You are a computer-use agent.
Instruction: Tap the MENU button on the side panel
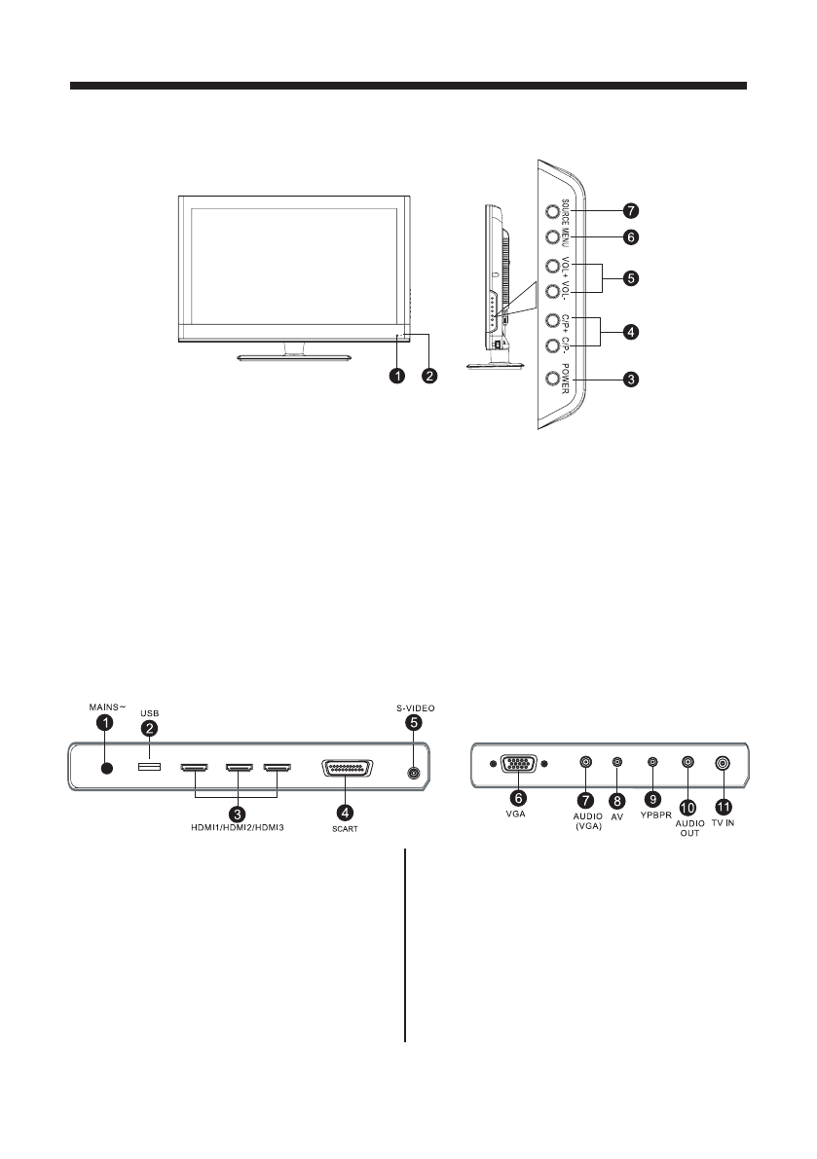[x=552, y=236]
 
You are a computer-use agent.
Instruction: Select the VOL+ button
[x=552, y=266]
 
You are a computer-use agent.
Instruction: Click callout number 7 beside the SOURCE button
[x=631, y=210]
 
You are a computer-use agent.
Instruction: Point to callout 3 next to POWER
[x=631, y=380]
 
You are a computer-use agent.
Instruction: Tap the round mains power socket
[x=106, y=769]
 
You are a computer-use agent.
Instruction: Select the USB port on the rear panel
[x=149, y=769]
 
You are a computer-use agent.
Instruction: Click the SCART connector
[x=344, y=769]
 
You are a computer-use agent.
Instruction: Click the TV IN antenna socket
[x=723, y=765]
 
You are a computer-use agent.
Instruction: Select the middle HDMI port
[x=240, y=769]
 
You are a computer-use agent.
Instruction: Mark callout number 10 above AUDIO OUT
[x=687, y=806]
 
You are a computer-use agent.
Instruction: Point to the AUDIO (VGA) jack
[x=585, y=765]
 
